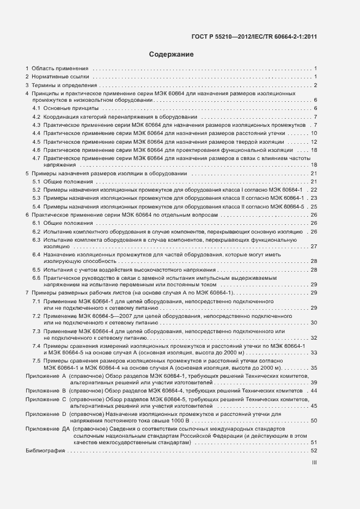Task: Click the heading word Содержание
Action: click(172, 54)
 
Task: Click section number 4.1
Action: click(36, 109)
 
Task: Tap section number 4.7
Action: click(36, 157)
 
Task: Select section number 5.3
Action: click(36, 198)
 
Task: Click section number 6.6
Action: click(36, 278)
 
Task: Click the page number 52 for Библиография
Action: click(314, 451)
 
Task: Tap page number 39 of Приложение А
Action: click(314, 383)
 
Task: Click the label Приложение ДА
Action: click(47, 429)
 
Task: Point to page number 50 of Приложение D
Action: click(314, 421)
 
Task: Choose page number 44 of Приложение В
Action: click(314, 391)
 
